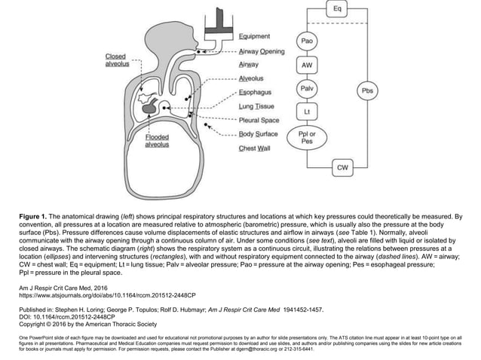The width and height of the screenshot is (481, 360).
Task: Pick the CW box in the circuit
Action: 342,166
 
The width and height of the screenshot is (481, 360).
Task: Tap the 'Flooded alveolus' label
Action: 157,141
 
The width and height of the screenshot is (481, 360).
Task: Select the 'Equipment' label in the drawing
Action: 255,36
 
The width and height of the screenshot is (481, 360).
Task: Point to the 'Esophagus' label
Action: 256,93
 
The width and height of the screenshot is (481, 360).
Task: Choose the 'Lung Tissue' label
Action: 256,106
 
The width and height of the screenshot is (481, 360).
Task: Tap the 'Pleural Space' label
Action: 259,121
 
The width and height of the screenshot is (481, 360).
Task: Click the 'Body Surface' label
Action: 258,134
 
